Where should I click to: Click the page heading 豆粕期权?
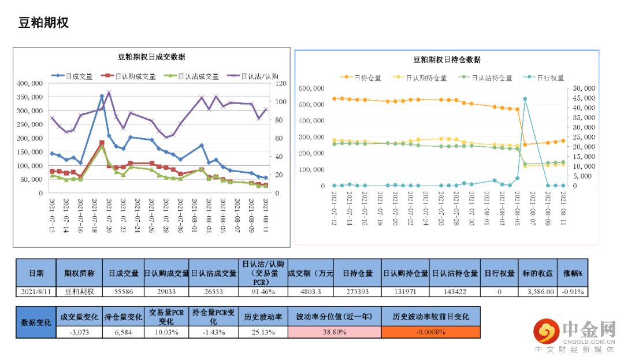[44, 23]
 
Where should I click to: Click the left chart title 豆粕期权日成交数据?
[151, 57]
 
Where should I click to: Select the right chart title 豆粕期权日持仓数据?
[447, 60]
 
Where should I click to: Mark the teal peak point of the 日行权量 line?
[525, 99]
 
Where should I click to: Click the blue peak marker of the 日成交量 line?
[102, 97]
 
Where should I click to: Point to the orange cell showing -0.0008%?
[431, 332]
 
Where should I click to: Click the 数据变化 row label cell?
[36, 322]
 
